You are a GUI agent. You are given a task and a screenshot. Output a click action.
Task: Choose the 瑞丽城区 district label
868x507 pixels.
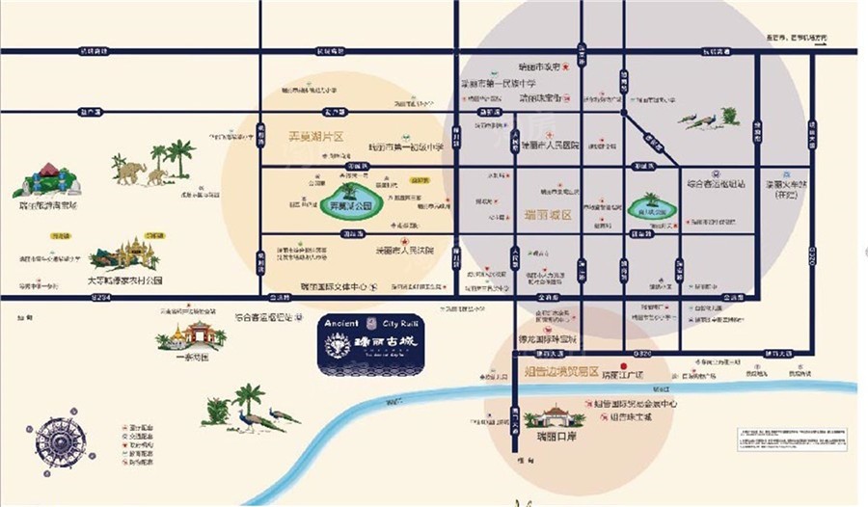(548, 215)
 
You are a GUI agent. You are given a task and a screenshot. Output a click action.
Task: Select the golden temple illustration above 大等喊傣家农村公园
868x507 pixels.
(126, 253)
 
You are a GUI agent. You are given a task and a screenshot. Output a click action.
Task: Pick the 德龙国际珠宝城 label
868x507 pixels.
(549, 339)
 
